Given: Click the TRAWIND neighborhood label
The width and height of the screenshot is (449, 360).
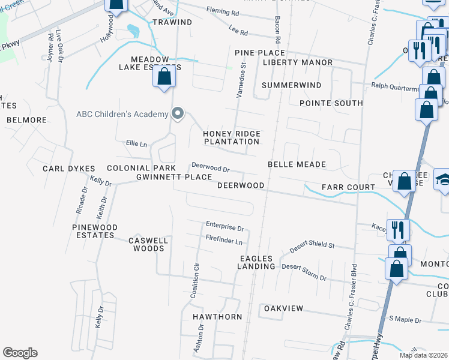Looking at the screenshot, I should point(172,22).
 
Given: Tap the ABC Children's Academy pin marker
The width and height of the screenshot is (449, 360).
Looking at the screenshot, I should point(177,113).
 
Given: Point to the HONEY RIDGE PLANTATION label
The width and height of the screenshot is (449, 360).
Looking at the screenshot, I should point(231,137).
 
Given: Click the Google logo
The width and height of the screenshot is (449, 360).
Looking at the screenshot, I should point(20,353).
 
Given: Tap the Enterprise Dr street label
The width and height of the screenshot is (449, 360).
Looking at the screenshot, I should point(224,228).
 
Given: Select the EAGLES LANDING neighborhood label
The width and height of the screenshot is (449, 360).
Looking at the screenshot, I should point(256,262).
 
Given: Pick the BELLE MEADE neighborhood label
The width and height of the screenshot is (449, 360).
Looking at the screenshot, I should point(297,164).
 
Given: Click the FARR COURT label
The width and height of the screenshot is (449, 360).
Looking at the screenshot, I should point(348,187).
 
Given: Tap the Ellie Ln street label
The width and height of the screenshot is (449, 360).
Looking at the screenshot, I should point(136,144).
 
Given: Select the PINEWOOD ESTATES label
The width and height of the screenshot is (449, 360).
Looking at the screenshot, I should point(94,231).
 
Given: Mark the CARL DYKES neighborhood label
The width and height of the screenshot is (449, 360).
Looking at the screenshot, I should point(66,169).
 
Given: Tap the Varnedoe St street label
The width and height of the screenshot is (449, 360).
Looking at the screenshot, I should point(244,75).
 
